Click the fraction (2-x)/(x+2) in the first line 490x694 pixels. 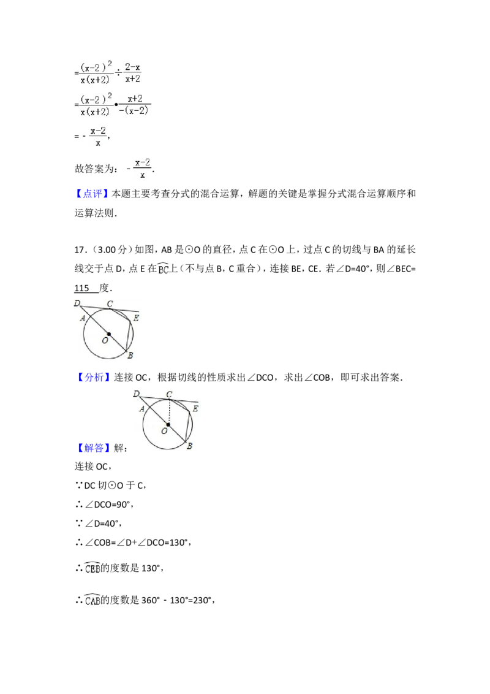click(x=132, y=72)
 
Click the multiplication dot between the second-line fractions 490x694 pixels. click(x=116, y=105)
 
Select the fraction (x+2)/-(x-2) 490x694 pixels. click(x=135, y=104)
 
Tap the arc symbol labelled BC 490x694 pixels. click(x=164, y=270)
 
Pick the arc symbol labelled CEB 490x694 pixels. click(x=93, y=569)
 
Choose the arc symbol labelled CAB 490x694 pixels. click(x=93, y=599)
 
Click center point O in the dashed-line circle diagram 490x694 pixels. click(x=168, y=424)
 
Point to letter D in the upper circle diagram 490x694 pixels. click(x=77, y=303)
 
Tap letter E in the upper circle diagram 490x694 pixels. click(x=136, y=318)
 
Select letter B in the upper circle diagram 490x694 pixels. click(x=130, y=356)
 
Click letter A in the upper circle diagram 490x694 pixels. click(x=82, y=318)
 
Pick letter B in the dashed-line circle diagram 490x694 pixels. click(x=189, y=446)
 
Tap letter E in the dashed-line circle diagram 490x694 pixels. click(x=195, y=408)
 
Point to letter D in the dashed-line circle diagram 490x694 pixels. click(x=136, y=393)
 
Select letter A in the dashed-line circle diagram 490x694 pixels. click(x=141, y=408)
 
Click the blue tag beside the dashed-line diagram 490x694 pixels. click(x=95, y=449)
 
